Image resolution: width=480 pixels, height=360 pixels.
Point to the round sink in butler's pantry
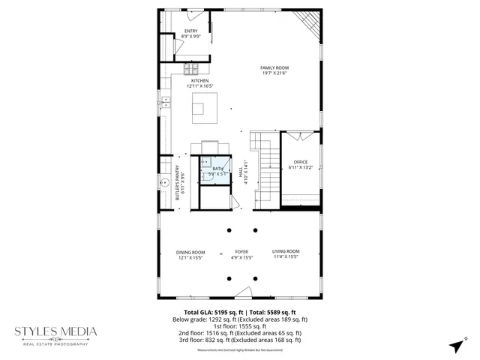[x=163, y=181]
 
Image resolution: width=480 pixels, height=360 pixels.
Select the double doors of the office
[x=301, y=137]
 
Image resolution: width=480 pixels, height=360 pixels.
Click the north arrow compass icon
[x=454, y=344]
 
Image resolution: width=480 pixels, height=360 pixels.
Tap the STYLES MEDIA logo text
[x=57, y=331]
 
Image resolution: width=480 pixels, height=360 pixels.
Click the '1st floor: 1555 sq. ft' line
[x=239, y=326]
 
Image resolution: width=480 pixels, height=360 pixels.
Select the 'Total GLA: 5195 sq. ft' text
[x=211, y=312]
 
